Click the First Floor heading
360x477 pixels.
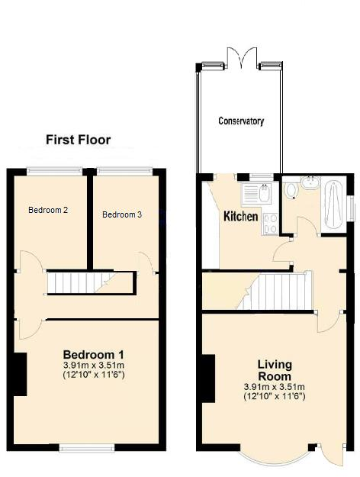point(78,140)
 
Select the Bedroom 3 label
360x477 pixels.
point(122,214)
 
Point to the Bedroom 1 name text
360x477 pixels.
point(93,355)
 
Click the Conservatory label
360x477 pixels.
point(241,121)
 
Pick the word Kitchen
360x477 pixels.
point(240,217)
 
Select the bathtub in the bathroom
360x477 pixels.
point(334,204)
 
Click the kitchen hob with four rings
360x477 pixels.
point(270,222)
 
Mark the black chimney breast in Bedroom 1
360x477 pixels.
point(21,374)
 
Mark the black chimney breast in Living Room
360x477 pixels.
point(206,379)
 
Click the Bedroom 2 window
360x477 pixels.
point(55,170)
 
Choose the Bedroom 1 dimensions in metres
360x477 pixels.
point(93,366)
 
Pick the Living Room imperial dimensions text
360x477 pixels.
point(274,396)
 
